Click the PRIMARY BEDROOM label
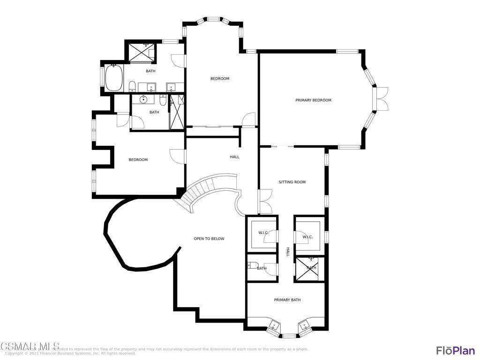click(313, 100)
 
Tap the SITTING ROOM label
click(292, 182)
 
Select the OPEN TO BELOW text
click(209, 239)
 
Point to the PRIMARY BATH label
click(287, 300)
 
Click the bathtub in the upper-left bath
click(113, 78)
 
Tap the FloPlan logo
click(455, 350)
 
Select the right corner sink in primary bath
click(305, 324)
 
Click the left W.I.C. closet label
click(263, 233)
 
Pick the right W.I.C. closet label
click(307, 237)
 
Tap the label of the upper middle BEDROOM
click(219, 79)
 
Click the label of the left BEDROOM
click(138, 160)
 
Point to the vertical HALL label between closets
click(288, 252)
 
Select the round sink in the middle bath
click(143, 99)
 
